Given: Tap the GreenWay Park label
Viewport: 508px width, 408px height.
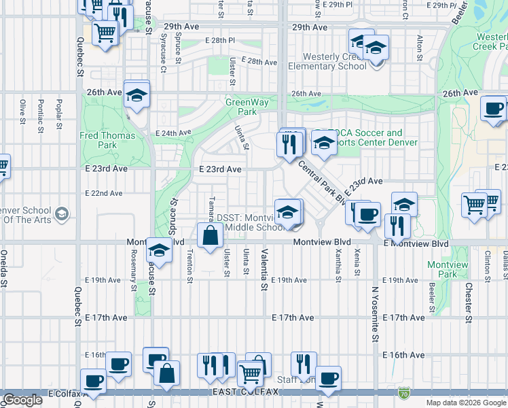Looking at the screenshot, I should coord(242,107).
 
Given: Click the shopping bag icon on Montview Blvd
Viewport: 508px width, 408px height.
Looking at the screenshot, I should coord(211,236).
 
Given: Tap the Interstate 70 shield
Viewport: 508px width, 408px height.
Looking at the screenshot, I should coord(404,392).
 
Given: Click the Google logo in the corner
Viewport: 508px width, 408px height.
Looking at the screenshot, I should coord(22,400).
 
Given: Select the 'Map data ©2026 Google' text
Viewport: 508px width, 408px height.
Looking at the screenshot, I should coord(466,403).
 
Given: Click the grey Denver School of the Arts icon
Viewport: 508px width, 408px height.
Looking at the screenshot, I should coord(62,215).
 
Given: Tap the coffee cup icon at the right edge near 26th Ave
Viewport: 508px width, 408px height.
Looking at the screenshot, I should coord(494,107).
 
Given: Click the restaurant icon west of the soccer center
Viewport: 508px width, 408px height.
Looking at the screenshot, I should coord(290,143).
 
